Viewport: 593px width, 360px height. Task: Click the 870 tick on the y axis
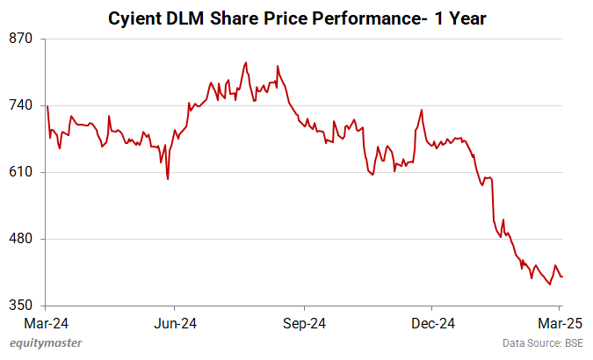[21, 39]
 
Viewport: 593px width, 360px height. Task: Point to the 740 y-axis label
[21, 105]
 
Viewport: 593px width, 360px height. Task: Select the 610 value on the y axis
[21, 172]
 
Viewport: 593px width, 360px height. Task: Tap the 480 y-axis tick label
[21, 239]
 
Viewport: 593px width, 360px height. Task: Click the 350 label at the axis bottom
[21, 306]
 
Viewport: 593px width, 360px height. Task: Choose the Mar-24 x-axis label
[44, 322]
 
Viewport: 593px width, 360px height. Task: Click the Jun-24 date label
[174, 322]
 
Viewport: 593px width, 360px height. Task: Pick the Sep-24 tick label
[303, 322]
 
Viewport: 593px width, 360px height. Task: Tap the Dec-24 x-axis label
[432, 322]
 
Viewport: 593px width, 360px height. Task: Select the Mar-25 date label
[555, 322]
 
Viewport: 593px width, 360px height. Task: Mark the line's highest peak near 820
[246, 62]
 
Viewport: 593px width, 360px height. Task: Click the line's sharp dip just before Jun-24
[167, 179]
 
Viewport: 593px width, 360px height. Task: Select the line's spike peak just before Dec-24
[422, 110]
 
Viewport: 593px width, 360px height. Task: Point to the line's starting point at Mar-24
[47, 106]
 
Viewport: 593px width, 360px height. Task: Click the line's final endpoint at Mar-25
[562, 277]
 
